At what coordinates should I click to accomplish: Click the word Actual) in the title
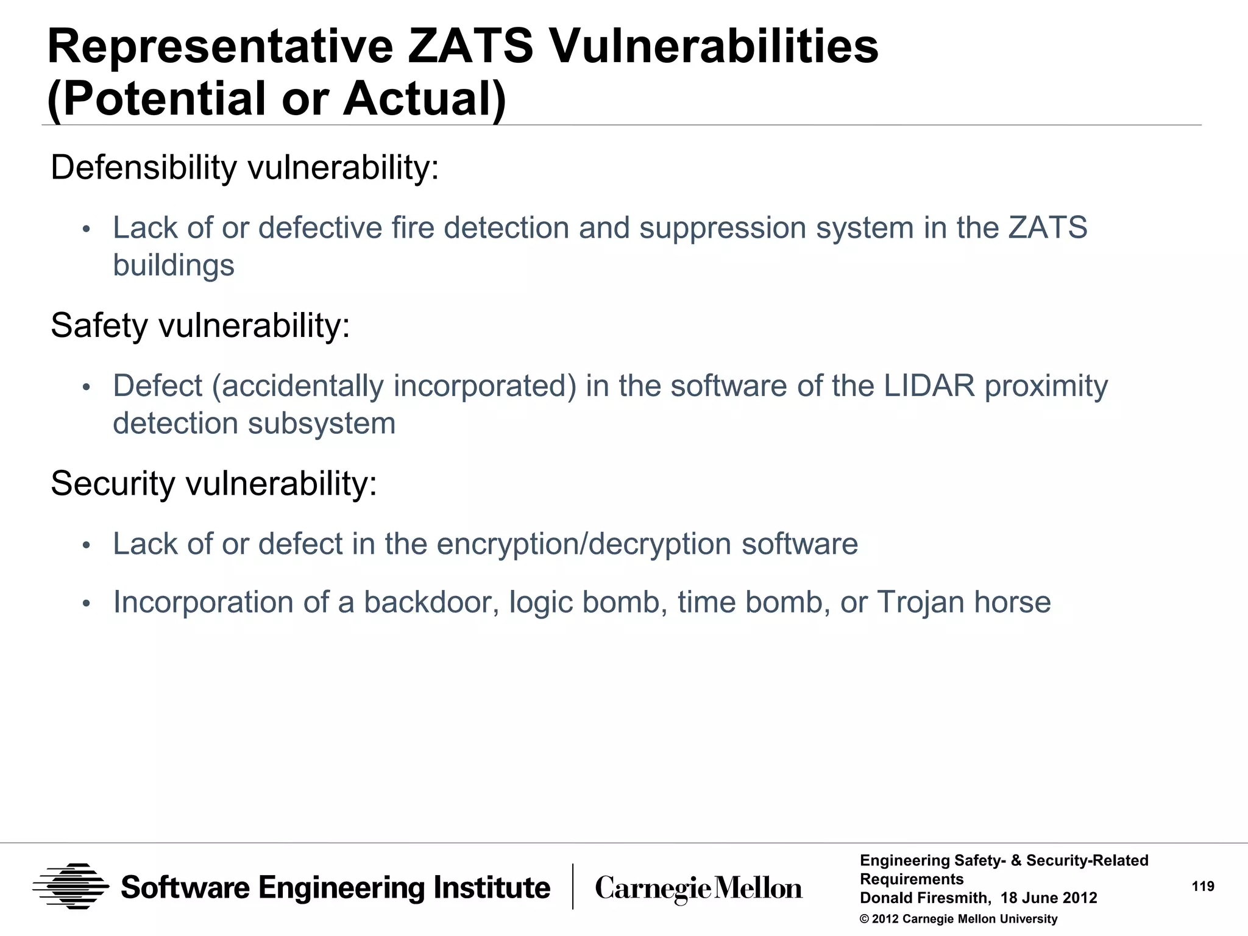click(425, 99)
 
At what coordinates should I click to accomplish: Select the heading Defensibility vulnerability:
click(244, 168)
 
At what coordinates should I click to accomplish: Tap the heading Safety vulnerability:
click(200, 325)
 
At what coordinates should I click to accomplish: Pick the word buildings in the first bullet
click(174, 266)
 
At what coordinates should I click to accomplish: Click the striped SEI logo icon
click(71, 887)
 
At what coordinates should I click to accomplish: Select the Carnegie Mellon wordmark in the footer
click(698, 888)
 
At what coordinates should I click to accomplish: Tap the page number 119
click(1203, 887)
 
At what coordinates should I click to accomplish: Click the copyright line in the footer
click(958, 919)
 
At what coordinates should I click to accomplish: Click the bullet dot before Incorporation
click(87, 603)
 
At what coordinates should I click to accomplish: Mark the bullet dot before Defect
click(87, 388)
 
